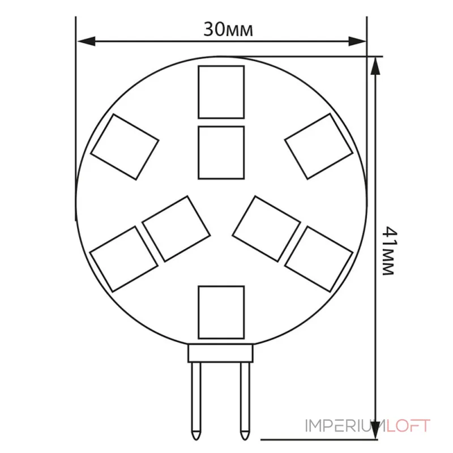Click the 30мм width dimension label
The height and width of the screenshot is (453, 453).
(228, 29)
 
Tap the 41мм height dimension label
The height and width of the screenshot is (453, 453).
(388, 251)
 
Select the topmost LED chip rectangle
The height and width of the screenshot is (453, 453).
(221, 92)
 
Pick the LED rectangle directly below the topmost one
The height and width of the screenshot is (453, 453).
(221, 152)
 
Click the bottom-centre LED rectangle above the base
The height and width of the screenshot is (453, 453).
(221, 313)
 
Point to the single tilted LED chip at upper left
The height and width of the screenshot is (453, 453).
(125, 147)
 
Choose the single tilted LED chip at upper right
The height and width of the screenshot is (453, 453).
(319, 146)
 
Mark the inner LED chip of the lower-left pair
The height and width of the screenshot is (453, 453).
(176, 229)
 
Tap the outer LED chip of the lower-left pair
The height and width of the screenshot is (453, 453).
(124, 259)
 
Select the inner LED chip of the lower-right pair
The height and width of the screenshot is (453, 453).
(266, 229)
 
